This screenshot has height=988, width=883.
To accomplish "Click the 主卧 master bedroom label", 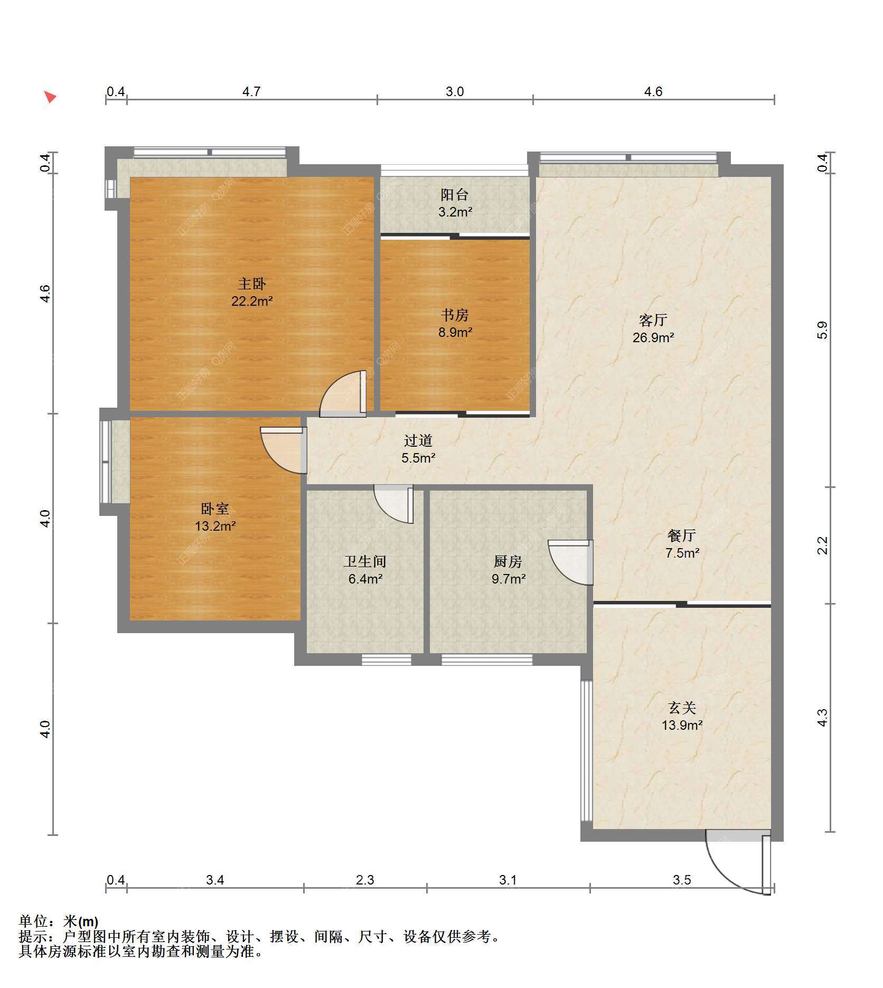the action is click(x=252, y=284).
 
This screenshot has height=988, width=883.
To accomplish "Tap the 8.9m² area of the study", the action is click(x=455, y=332).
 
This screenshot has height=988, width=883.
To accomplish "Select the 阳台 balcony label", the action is click(x=455, y=195).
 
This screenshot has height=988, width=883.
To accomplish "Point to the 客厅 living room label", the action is click(x=653, y=320).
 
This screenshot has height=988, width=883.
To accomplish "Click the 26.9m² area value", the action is click(x=653, y=337).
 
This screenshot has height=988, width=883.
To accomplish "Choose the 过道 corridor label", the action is click(x=418, y=440).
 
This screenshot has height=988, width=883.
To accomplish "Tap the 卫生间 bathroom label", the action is click(x=365, y=561).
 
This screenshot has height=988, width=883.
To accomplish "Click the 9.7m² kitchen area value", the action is click(x=508, y=579).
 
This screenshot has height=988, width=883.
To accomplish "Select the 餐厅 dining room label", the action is click(x=682, y=535).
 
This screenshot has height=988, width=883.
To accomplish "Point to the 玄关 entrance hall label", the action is click(x=682, y=708).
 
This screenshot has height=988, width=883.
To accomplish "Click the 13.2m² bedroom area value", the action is click(x=215, y=526).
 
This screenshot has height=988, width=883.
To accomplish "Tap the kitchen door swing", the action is click(x=571, y=562).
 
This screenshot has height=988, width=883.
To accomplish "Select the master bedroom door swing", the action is click(x=343, y=394).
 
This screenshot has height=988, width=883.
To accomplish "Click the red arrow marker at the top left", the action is click(x=50, y=97).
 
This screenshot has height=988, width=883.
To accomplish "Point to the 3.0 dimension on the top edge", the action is click(x=454, y=92).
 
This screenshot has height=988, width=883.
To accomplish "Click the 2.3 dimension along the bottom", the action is click(x=365, y=880).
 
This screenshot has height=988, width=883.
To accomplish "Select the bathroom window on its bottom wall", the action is click(x=386, y=660).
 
